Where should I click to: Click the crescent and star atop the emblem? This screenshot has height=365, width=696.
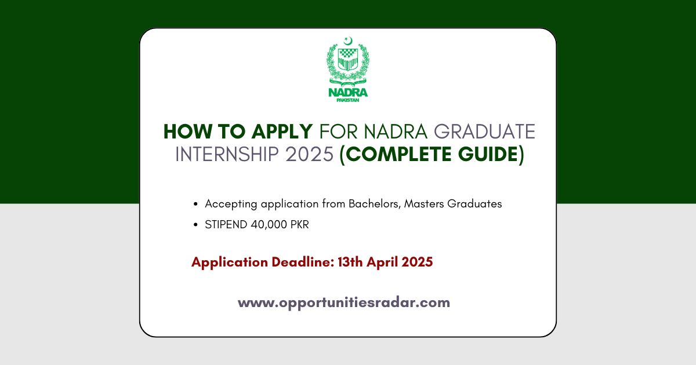click(x=348, y=41)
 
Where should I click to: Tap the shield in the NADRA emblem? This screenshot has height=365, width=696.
click(x=348, y=60)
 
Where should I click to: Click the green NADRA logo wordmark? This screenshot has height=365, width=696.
click(x=348, y=93)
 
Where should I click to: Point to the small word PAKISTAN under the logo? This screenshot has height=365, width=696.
click(x=348, y=100)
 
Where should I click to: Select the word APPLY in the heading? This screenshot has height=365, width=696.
click(x=282, y=132)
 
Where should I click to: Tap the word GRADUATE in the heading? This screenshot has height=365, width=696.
click(x=484, y=132)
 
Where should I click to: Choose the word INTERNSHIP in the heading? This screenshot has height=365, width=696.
click(x=227, y=154)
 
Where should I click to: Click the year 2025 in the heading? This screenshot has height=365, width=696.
click(x=310, y=154)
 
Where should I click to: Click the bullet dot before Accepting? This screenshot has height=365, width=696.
click(x=195, y=204)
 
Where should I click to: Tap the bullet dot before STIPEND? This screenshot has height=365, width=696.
click(x=195, y=224)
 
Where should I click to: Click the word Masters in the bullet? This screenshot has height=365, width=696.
click(x=424, y=203)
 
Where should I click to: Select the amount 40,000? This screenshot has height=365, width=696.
click(x=269, y=224)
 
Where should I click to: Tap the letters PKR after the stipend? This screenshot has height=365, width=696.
click(x=299, y=224)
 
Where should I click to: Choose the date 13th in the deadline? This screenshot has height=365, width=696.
click(x=350, y=262)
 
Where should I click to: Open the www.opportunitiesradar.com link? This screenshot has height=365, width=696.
click(x=344, y=302)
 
